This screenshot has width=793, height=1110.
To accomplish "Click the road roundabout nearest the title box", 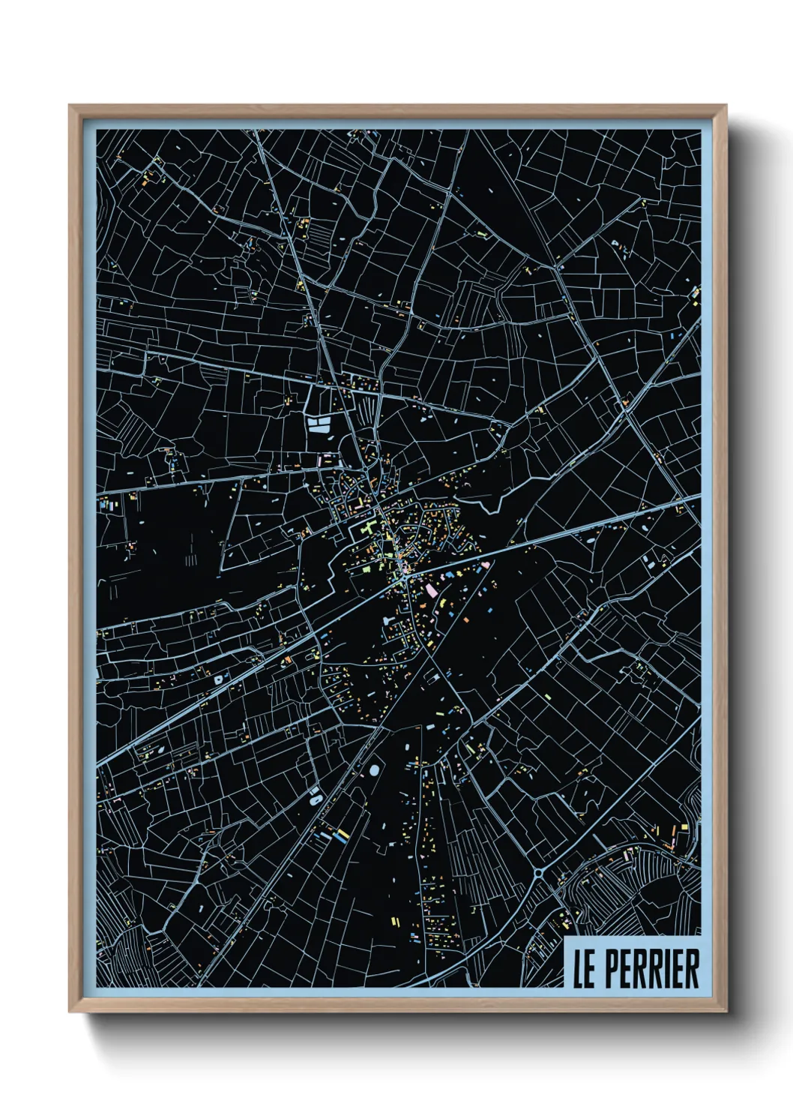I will point(540,873).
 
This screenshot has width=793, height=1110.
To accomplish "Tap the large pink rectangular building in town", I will point(432,590).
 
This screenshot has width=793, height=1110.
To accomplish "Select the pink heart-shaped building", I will point(488,564).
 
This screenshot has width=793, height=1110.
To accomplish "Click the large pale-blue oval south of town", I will point(373,769).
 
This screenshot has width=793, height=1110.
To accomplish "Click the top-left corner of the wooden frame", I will point(70,106).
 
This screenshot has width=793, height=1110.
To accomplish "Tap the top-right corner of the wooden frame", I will point(726,106).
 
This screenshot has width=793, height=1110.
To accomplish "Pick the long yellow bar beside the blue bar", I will point(342,832).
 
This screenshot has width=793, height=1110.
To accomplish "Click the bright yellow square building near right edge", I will point(683,828).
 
